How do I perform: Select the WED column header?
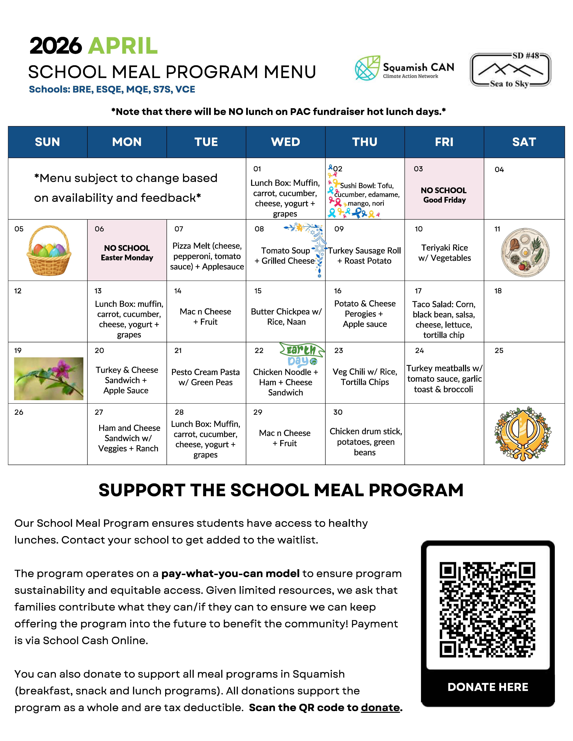click(x=285, y=142)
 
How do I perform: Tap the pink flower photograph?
click(x=49, y=378)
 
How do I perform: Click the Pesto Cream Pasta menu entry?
click(x=206, y=377)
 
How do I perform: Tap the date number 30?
click(x=338, y=412)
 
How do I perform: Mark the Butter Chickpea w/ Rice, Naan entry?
click(x=286, y=317)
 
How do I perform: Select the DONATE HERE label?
click(x=488, y=687)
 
